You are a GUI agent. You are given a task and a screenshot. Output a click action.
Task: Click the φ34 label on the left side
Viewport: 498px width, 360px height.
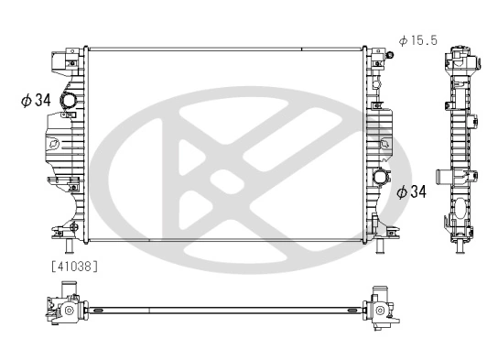pyautogui.click(x=36, y=101)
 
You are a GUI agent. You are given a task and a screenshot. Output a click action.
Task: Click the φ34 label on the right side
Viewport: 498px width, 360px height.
pyautogui.click(x=414, y=191)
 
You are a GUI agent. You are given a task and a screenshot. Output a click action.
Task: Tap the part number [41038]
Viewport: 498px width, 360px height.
pyautogui.click(x=70, y=267)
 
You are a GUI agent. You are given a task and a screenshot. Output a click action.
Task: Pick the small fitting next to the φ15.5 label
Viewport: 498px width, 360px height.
pyautogui.click(x=389, y=55)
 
